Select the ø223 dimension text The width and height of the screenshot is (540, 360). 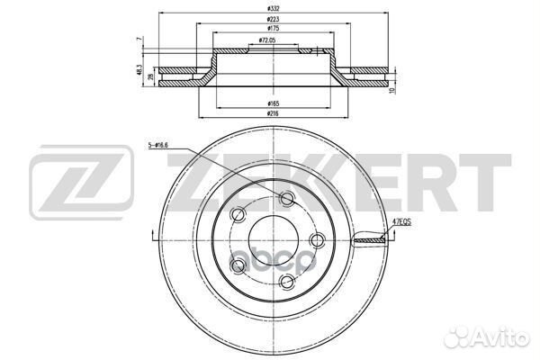coord(260,19)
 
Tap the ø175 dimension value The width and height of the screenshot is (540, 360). coord(260,30)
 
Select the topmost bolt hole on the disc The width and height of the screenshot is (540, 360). coord(287,199)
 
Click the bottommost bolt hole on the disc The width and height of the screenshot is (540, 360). coord(287,283)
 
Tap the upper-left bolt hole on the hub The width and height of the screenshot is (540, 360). coord(238,214)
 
